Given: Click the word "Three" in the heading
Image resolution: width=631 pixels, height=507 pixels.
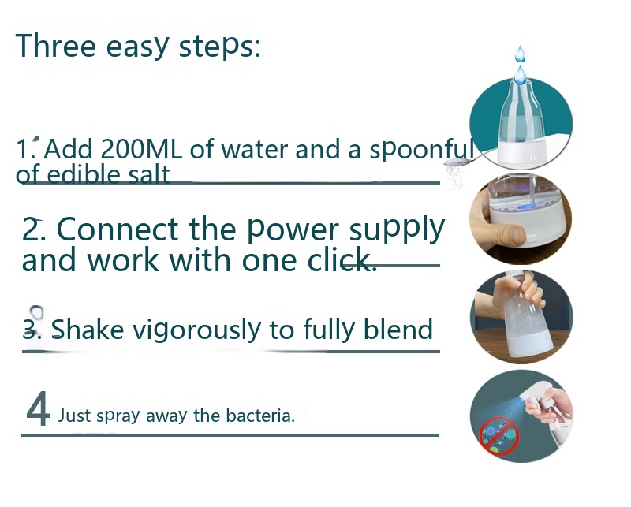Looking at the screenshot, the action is click(x=55, y=46).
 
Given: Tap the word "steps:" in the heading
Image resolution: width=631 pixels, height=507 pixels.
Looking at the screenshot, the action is click(x=220, y=47).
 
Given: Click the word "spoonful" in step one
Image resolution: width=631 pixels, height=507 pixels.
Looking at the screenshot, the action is click(x=421, y=150).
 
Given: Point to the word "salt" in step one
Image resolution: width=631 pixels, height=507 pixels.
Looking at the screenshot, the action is click(x=149, y=174).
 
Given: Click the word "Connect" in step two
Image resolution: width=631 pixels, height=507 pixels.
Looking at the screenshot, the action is click(x=118, y=229).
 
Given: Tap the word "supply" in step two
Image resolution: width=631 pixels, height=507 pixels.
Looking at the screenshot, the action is click(x=397, y=231).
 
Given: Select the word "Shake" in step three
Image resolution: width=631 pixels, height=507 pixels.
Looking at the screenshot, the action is click(x=88, y=329).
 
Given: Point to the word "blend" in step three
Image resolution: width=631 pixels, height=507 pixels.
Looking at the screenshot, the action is click(x=398, y=328).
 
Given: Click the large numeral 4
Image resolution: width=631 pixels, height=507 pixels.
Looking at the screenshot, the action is click(x=38, y=408).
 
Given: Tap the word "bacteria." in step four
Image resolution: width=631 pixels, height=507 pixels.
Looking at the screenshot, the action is click(x=260, y=416).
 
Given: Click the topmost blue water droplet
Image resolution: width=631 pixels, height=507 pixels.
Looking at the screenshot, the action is click(x=521, y=54).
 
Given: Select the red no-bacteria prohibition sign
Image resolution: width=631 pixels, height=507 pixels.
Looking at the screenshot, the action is click(x=498, y=436).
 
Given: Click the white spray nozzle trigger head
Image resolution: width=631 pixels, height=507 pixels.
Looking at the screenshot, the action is click(x=538, y=393).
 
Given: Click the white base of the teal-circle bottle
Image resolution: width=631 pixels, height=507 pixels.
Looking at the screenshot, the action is click(x=522, y=152).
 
